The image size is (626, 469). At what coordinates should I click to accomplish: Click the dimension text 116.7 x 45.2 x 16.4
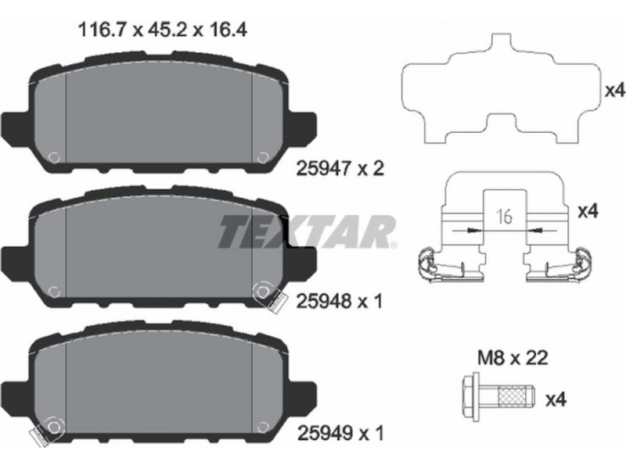(x=163, y=29)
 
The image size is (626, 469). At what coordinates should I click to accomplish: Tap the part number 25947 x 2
(x=340, y=169)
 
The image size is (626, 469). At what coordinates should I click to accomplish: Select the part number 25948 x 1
(x=340, y=301)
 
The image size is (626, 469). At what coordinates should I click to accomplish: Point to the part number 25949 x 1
(x=340, y=433)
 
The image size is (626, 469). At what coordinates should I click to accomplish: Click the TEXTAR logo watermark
(x=308, y=231)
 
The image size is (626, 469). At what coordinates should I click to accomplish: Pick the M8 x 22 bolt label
(x=513, y=358)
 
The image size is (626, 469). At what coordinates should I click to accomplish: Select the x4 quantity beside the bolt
(x=556, y=399)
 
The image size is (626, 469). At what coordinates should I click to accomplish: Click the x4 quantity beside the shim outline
(x=614, y=91)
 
